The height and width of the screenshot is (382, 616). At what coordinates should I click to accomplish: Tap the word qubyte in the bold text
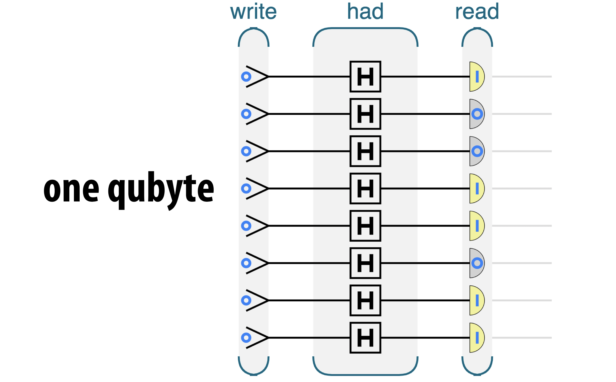tap(161, 190)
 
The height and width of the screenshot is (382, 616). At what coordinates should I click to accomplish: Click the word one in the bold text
tap(71, 190)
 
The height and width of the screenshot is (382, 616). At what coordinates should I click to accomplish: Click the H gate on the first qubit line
tap(365, 77)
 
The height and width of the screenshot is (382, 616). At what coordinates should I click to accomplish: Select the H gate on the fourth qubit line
tap(365, 188)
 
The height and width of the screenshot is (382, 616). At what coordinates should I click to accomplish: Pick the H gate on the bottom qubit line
tap(365, 338)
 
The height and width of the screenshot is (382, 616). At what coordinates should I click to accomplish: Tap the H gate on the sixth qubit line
tap(365, 263)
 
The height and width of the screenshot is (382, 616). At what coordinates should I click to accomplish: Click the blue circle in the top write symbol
tap(246, 77)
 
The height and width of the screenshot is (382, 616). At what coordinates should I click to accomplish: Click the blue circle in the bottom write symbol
tap(246, 338)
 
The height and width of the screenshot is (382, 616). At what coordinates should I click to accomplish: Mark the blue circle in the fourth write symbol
tap(246, 188)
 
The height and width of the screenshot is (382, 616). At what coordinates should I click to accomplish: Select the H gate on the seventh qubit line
tap(365, 300)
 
